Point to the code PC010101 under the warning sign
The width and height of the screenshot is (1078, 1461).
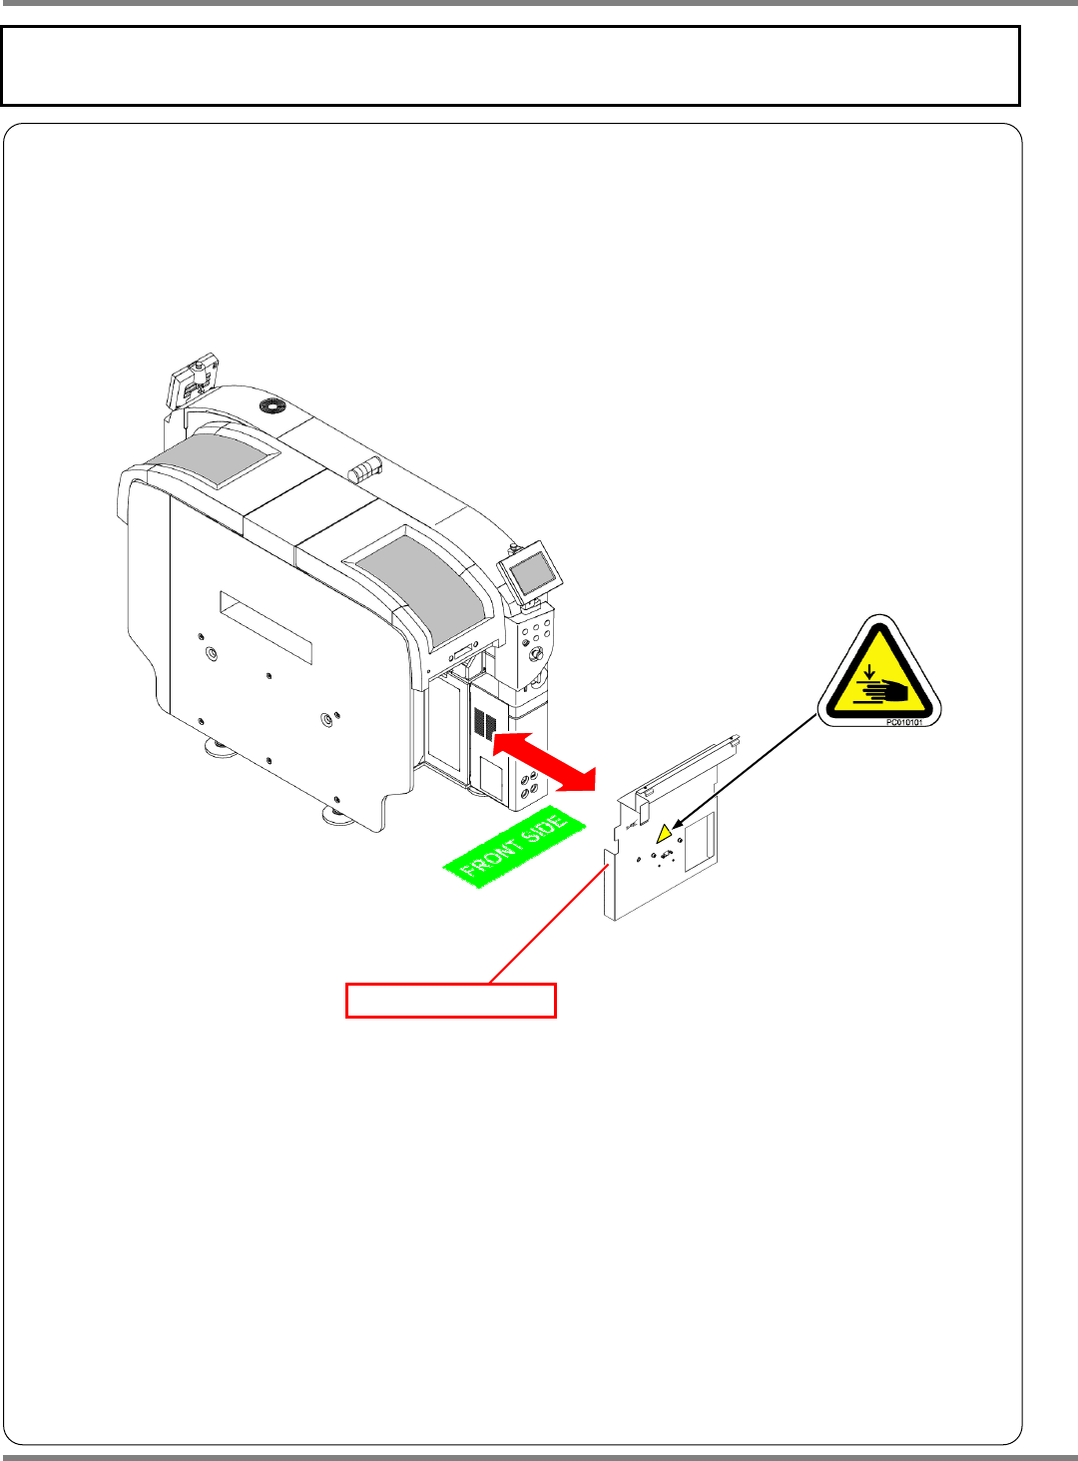[x=903, y=722]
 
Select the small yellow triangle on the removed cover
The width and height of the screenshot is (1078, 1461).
[x=664, y=832]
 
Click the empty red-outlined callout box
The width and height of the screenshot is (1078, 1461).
[x=450, y=1001]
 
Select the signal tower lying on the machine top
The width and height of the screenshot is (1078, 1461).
[x=365, y=468]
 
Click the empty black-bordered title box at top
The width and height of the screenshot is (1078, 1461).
[x=510, y=66]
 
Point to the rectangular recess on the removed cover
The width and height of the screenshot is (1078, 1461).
[x=700, y=837]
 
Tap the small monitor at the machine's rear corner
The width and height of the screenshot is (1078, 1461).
[x=193, y=380]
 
